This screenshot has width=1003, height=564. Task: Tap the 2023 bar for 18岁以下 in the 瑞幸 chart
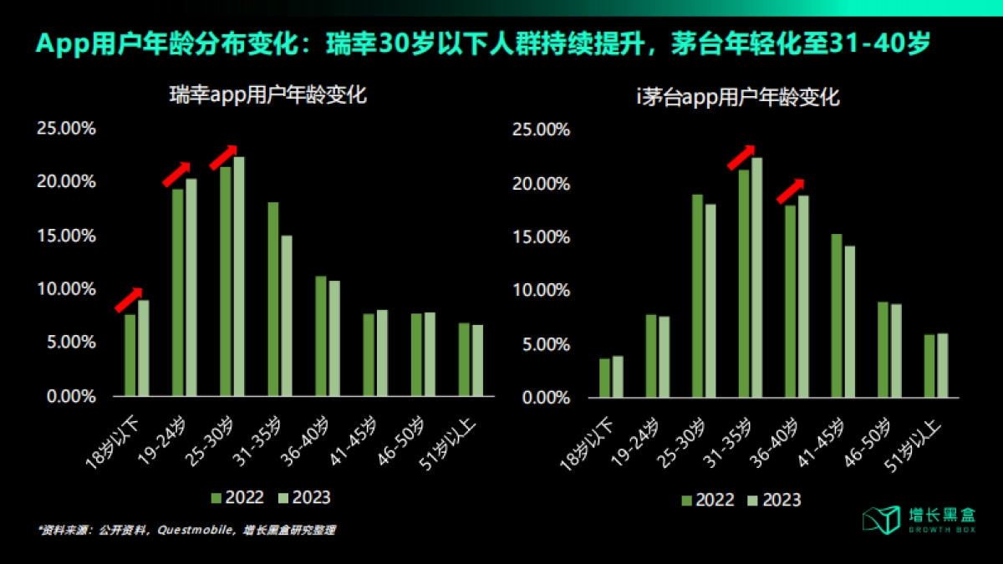(x=144, y=348)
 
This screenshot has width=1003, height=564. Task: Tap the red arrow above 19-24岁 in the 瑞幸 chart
(x=176, y=173)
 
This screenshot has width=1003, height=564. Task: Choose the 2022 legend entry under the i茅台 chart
(x=707, y=500)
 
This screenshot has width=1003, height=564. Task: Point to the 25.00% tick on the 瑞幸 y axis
(x=66, y=129)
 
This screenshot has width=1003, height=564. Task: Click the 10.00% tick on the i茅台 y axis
(x=540, y=291)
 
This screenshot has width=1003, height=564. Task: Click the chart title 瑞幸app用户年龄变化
(x=268, y=95)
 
